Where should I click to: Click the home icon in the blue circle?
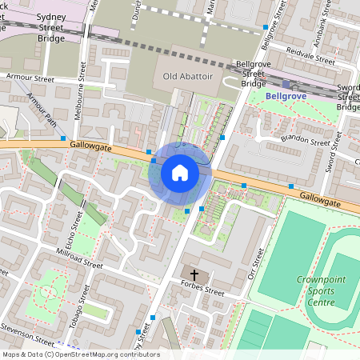[x=180, y=172]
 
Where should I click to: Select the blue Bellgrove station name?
[x=286, y=96]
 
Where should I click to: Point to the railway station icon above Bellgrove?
[x=286, y=84]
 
